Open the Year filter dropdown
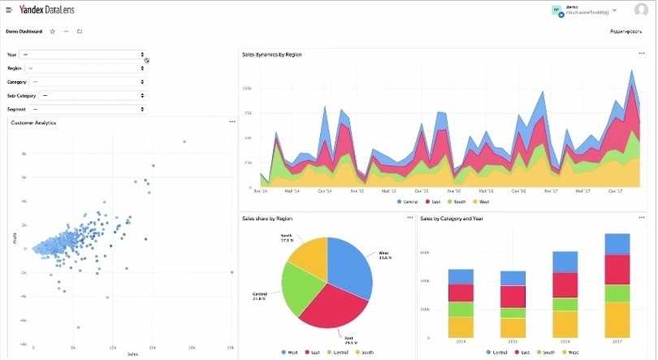83,54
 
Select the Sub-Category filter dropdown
93,95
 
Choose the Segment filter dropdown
87,109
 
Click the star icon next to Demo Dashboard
53,32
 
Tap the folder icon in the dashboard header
80,32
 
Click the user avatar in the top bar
557,10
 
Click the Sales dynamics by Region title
272,54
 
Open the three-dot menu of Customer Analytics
232,122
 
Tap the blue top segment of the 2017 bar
617,244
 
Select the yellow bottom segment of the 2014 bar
461,327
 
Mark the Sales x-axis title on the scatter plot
132,355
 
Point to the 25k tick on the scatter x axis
231,348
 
